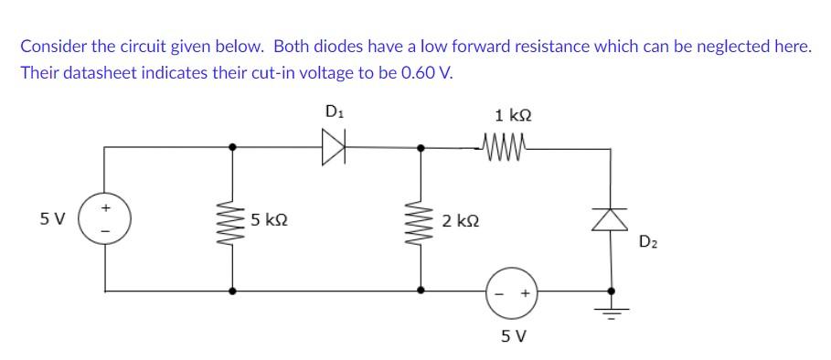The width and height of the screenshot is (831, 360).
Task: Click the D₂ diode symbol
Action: (x=611, y=217)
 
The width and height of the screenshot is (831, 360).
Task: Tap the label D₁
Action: (x=334, y=111)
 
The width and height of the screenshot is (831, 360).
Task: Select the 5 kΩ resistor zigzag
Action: (x=232, y=219)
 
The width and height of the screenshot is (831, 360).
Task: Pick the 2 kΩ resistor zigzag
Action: (x=421, y=219)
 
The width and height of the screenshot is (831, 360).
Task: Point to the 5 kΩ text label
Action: (x=271, y=220)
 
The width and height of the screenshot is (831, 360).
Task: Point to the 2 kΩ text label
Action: (x=460, y=220)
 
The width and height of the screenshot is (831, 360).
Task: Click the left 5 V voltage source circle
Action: (x=105, y=220)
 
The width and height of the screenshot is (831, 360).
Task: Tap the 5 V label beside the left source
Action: (x=53, y=219)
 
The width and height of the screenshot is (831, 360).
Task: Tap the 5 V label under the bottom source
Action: (x=513, y=335)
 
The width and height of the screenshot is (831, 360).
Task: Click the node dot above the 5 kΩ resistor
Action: (x=232, y=145)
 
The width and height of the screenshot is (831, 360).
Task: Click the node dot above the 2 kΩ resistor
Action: (x=421, y=145)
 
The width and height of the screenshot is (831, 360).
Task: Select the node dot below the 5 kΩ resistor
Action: (x=232, y=291)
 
